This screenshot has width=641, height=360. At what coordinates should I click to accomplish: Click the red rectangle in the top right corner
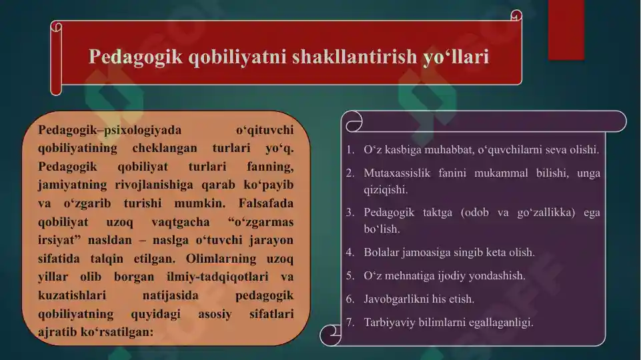tap(566, 30)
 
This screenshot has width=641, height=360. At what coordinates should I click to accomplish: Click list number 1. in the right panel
tap(350, 150)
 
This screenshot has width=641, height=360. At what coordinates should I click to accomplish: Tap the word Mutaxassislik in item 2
tap(395, 173)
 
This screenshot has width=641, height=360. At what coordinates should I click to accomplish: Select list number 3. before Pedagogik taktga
tap(350, 213)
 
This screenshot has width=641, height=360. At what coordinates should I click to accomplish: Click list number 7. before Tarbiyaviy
tap(350, 322)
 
